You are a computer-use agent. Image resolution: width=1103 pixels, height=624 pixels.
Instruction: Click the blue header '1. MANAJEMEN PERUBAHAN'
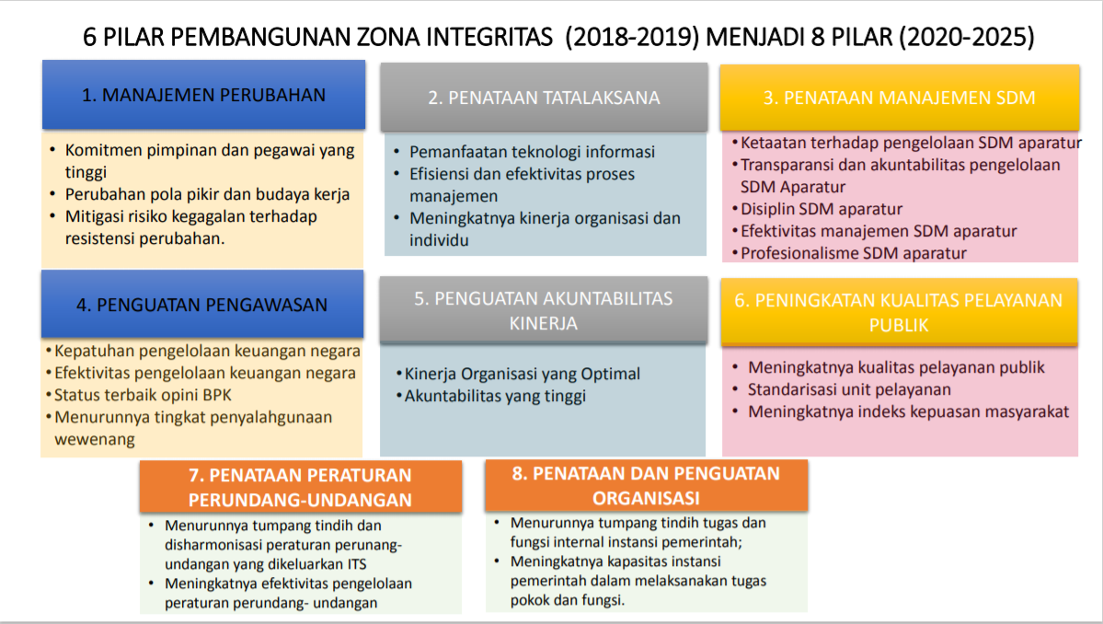coord(203,95)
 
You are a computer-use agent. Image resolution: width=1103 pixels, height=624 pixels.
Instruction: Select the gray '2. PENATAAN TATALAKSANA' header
coord(544,97)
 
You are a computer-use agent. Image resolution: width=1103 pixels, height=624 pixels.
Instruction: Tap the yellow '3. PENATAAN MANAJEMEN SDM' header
coord(899,98)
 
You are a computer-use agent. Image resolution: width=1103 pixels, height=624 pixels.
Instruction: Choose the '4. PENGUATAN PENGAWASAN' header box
coord(201,305)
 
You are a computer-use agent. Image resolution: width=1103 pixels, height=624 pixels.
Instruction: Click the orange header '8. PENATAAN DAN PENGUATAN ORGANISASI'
coord(646,485)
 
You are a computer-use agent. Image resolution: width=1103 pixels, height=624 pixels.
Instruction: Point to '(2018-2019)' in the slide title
coord(632,37)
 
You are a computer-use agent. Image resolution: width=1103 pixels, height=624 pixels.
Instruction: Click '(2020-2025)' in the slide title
coord(967,37)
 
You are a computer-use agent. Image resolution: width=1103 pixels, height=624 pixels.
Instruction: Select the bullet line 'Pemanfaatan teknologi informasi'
coord(532,152)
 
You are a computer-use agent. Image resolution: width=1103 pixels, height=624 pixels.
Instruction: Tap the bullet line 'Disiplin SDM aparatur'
coord(821,209)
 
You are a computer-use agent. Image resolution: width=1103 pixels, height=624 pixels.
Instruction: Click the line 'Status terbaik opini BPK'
coord(143,396)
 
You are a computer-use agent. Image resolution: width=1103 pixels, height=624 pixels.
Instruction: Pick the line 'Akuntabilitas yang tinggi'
coord(495,396)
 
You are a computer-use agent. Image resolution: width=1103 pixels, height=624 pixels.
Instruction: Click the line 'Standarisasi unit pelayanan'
coord(849,389)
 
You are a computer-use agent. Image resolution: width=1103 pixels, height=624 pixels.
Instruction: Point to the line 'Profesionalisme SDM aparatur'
coord(854,253)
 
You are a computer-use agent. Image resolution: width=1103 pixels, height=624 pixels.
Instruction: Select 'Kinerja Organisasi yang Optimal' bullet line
coord(522,375)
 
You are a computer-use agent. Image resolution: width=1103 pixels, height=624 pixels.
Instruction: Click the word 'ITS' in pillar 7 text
coord(357,564)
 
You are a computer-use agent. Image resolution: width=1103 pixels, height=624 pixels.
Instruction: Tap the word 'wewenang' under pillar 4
coord(94,440)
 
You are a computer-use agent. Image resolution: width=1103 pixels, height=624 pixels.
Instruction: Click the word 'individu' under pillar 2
coord(439,240)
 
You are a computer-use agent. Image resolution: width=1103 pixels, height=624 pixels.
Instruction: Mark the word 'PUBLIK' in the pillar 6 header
coord(899,326)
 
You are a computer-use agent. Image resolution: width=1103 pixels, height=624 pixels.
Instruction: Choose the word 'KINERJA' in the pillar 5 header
coord(544,324)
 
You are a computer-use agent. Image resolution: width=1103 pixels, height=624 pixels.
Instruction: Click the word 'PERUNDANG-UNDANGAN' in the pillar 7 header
coord(301,500)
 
